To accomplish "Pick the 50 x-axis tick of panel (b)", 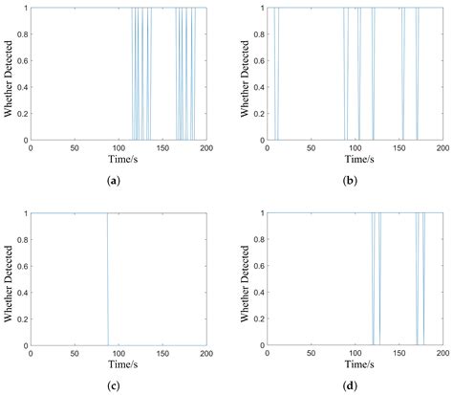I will (311, 147).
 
